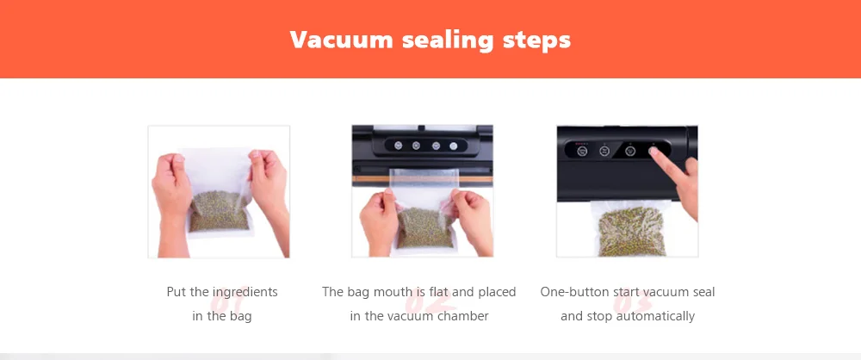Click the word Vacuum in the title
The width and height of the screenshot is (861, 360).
341,40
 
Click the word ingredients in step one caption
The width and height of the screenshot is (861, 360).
245,293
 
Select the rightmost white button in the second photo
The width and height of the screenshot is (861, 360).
454,146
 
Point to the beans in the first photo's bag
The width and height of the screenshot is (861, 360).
219,211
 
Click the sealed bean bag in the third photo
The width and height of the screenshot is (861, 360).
631,228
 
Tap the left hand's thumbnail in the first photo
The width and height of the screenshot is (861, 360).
178,160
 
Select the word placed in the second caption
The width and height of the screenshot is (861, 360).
497,292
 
